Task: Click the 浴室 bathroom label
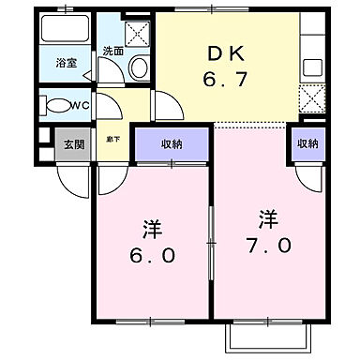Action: point(66,64)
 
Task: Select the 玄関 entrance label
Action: point(72,144)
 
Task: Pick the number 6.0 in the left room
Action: point(151,256)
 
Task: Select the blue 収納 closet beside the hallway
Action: point(172,144)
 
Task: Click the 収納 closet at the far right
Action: point(307,144)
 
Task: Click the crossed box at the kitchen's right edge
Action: point(309,97)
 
